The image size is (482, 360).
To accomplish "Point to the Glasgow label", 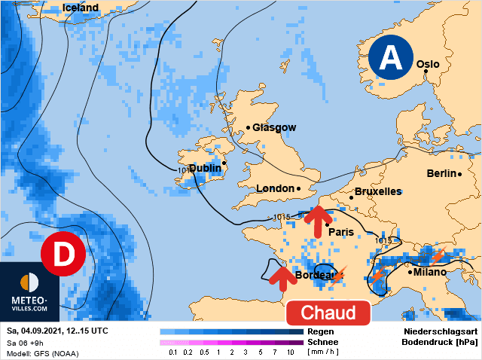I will coord(274,127).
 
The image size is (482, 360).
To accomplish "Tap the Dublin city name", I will coord(205,168).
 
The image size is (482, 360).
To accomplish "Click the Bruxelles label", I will coord(377,191).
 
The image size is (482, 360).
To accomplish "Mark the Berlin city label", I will coord(442,173).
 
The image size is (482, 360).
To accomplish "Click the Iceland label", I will coord(81,8).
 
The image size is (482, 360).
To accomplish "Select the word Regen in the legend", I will coord(321,331).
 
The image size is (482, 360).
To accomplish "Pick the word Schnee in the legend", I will coord(323,341).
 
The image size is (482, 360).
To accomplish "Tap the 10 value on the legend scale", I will coord(290,352).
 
